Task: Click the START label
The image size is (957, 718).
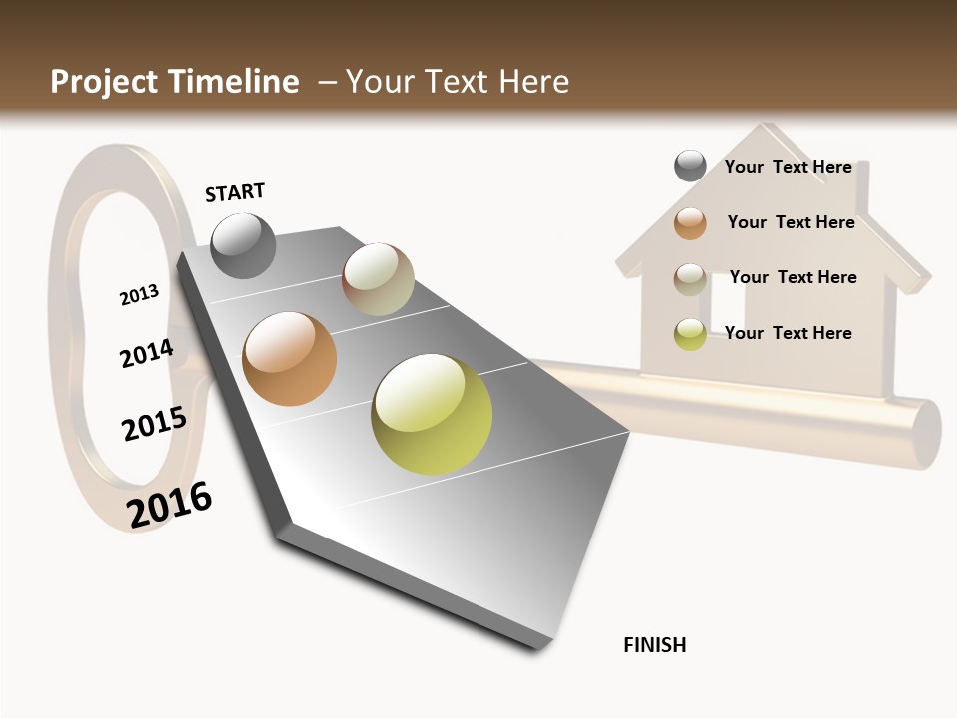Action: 235,192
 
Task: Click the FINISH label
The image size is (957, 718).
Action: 654,645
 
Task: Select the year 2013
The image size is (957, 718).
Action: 139,295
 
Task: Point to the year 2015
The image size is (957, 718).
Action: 154,424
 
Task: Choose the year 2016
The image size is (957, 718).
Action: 169,505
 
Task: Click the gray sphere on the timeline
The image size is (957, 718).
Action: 244,245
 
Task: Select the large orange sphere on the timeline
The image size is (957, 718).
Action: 289,359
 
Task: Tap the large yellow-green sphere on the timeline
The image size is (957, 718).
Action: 432,414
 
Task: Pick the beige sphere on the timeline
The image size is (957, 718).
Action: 378,279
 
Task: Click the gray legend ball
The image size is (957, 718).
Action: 690,166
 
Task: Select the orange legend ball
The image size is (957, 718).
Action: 690,223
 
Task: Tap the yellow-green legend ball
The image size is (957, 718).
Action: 690,334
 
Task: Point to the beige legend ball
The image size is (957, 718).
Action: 690,279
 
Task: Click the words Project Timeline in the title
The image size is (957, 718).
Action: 174,82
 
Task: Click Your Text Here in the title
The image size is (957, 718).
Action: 458,82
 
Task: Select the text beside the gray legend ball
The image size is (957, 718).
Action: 788,167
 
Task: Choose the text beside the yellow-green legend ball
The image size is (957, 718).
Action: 788,333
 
